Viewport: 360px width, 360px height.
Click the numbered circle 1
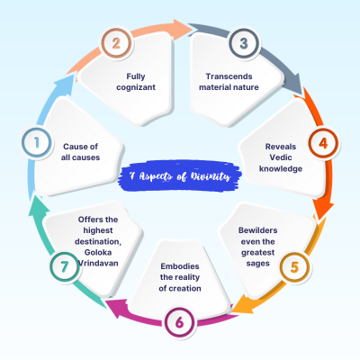coord(37,142)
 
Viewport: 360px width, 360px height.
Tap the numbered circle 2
coord(116,43)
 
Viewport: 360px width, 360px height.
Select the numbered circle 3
coord(244,43)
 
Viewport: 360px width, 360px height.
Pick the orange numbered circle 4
coord(323,143)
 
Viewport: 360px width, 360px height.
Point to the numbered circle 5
coord(295,267)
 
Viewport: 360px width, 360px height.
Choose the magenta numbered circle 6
coord(179,323)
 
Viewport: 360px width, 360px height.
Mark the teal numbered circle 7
coord(65,266)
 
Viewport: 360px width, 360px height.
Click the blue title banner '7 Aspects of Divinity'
coord(180,175)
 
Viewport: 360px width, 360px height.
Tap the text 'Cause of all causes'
coord(80,152)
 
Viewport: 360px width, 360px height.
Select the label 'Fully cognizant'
coord(136,82)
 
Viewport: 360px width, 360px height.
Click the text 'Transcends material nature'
coord(229,82)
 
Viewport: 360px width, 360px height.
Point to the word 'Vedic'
coord(281,157)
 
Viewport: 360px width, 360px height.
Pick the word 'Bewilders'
coord(258,230)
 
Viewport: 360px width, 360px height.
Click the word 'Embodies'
coord(180,266)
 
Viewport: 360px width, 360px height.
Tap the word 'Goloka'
coord(98,252)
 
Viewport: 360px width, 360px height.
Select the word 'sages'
coord(258,264)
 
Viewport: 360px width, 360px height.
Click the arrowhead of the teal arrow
coord(39,206)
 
